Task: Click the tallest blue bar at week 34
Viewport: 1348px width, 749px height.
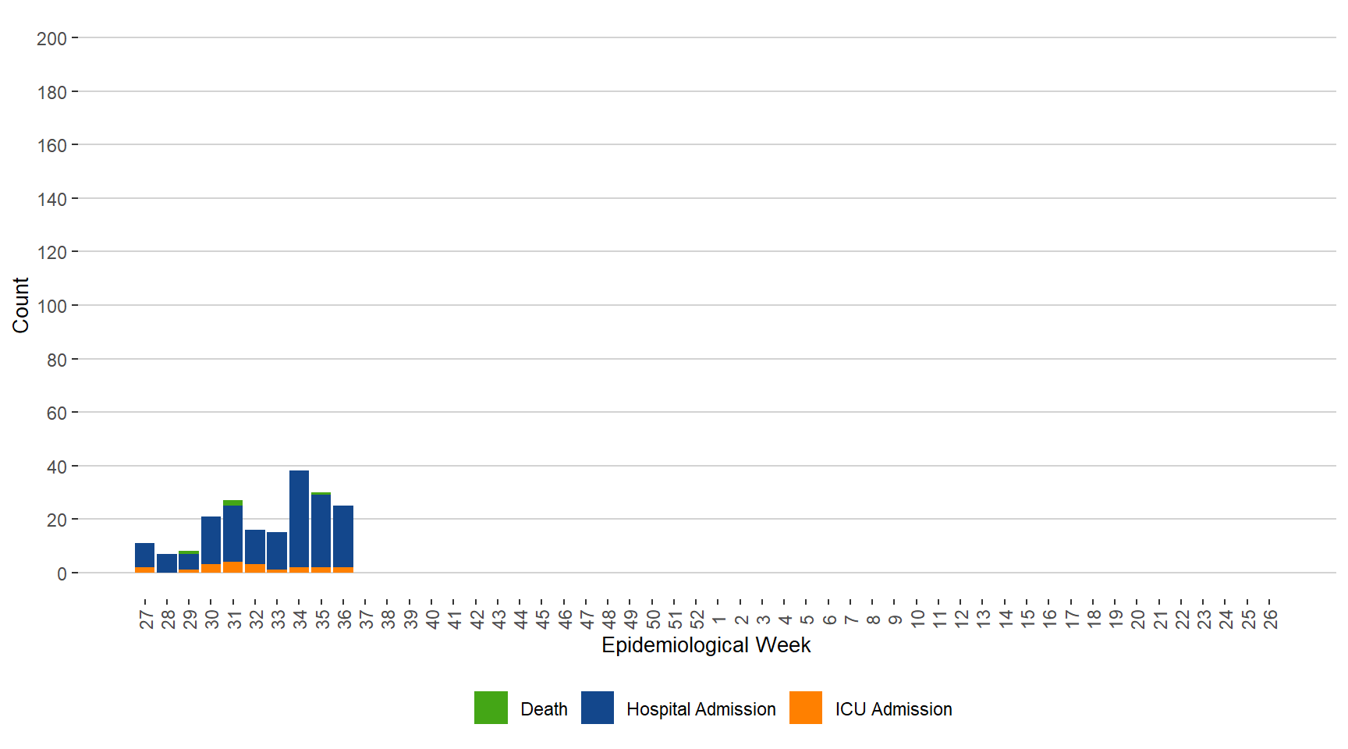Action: coord(299,519)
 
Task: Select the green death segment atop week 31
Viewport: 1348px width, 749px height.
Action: coord(232,502)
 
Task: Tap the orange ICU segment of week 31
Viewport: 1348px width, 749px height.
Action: coord(232,567)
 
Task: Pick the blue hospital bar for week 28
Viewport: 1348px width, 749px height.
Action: coord(167,563)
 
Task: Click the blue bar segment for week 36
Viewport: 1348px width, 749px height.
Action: coord(343,537)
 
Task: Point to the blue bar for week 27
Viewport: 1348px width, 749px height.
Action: coord(144,556)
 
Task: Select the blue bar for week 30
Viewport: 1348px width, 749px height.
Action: coord(211,540)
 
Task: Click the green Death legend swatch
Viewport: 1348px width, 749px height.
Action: coord(491,708)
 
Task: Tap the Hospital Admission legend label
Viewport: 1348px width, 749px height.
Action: coord(701,709)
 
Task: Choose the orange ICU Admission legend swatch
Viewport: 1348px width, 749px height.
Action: coord(805,708)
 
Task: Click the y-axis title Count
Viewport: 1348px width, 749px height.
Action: coord(20,305)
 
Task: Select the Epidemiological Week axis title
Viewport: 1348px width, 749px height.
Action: coord(706,645)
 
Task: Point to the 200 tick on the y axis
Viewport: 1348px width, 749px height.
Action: coord(51,38)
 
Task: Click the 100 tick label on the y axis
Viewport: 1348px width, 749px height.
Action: coord(51,306)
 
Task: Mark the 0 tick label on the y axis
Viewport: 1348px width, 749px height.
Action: coord(62,573)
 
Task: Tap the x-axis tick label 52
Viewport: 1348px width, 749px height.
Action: coord(697,619)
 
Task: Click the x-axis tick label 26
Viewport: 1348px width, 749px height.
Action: coord(1270,619)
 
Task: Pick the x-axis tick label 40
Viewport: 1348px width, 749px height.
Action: coord(432,619)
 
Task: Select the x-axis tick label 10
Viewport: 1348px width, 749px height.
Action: coord(917,619)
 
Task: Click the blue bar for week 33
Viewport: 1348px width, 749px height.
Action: coord(277,551)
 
